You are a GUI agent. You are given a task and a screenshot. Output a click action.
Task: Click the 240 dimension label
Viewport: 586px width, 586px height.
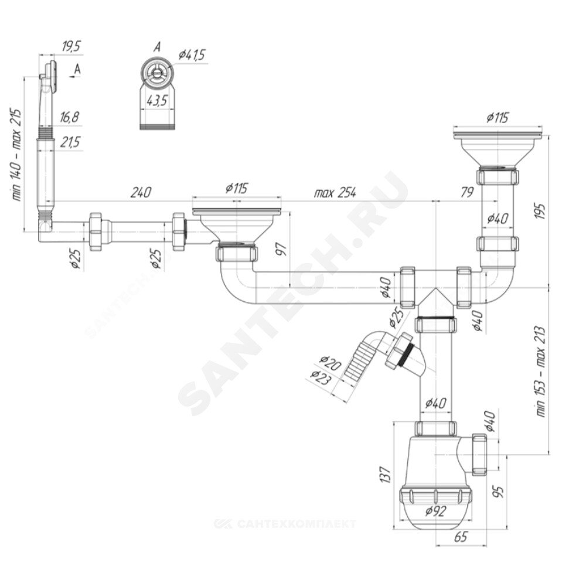coord(141,192)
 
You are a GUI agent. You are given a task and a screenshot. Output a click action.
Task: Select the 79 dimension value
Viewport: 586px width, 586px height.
coord(467,192)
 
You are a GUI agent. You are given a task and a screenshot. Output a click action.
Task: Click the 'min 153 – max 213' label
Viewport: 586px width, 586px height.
coord(540,372)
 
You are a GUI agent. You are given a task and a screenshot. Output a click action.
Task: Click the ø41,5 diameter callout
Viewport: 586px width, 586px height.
coord(192,54)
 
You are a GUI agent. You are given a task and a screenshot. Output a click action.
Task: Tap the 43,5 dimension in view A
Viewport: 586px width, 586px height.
coord(157,101)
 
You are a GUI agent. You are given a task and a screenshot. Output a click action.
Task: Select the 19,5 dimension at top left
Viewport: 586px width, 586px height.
coord(71,47)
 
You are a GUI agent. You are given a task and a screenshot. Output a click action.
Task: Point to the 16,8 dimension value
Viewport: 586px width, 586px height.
coord(69,117)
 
